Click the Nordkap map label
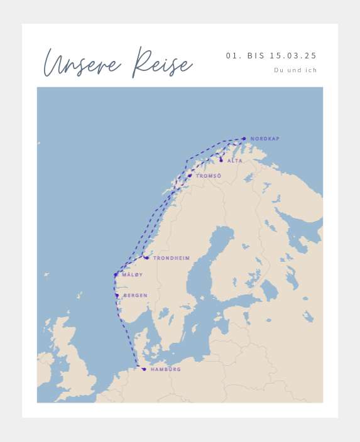coord(265,139)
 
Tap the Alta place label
coord(234,161)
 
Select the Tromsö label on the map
coord(208,176)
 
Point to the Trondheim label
coord(171,258)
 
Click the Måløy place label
coord(132,275)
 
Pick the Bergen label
coord(135,296)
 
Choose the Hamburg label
coord(165,369)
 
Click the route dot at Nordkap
coord(244,139)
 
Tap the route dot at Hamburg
coord(144,369)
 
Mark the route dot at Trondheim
coord(146,258)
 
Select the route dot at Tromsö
coord(190,176)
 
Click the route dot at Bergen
coord(117,295)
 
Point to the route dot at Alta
coord(221,160)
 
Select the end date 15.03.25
coord(293,56)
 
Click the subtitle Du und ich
coord(295,70)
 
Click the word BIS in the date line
coord(256,56)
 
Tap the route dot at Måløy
coord(116,275)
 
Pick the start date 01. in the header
coord(233,56)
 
